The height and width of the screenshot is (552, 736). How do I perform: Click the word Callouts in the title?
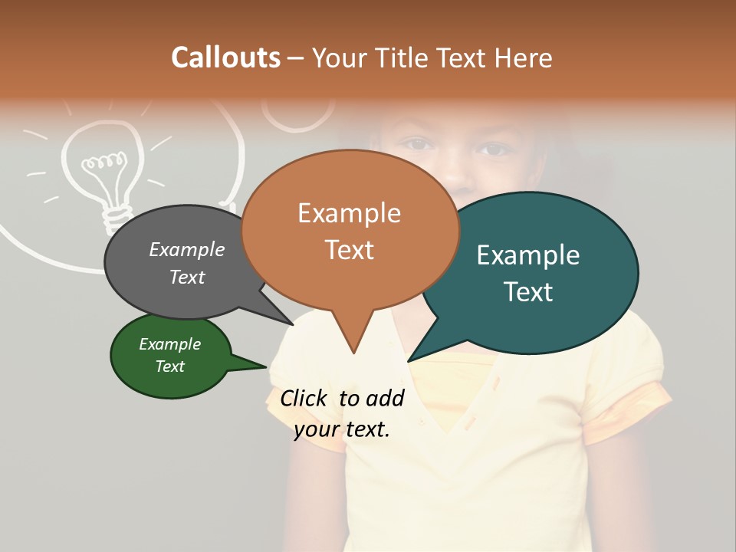point(225,58)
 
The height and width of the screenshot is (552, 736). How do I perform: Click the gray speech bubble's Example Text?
point(187,263)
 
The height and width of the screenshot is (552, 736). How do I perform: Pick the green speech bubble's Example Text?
point(169,355)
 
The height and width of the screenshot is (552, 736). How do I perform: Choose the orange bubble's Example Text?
point(349,231)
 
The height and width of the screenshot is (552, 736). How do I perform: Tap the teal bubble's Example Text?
point(528,273)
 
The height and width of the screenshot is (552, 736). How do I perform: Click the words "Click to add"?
point(342,398)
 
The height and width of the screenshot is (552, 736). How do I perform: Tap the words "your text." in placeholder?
point(342,429)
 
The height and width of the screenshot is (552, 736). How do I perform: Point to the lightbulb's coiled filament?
point(103,162)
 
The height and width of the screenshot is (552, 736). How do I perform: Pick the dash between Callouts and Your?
point(297,58)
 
